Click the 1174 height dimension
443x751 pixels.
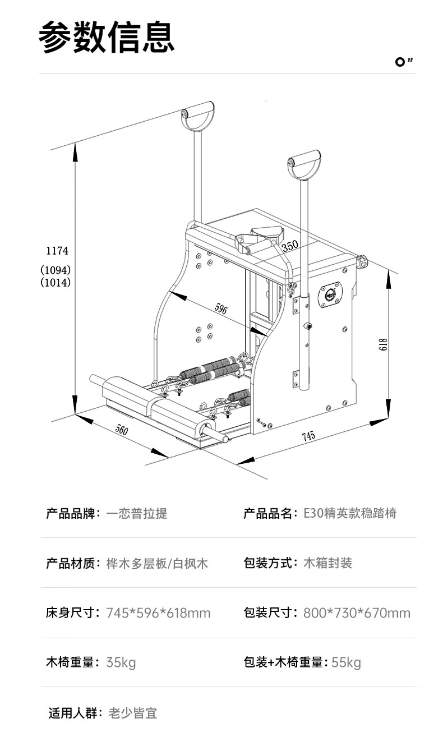tap(57, 251)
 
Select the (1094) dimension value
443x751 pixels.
tap(56, 269)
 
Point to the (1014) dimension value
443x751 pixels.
tap(56, 283)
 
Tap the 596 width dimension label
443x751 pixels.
tap(220, 308)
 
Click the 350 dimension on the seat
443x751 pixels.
tap(289, 246)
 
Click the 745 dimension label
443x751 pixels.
tap(308, 436)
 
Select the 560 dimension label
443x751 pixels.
tap(122, 430)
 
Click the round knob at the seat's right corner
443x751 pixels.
tap(362, 261)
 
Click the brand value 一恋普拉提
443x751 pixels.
tap(136, 513)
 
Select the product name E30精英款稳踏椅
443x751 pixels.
tap(350, 513)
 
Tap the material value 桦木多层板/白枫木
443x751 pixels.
tap(157, 563)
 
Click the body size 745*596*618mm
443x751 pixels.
tap(158, 613)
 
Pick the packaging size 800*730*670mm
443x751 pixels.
tap(357, 613)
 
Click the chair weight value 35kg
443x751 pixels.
tap(121, 662)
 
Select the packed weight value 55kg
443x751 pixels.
tap(346, 662)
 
